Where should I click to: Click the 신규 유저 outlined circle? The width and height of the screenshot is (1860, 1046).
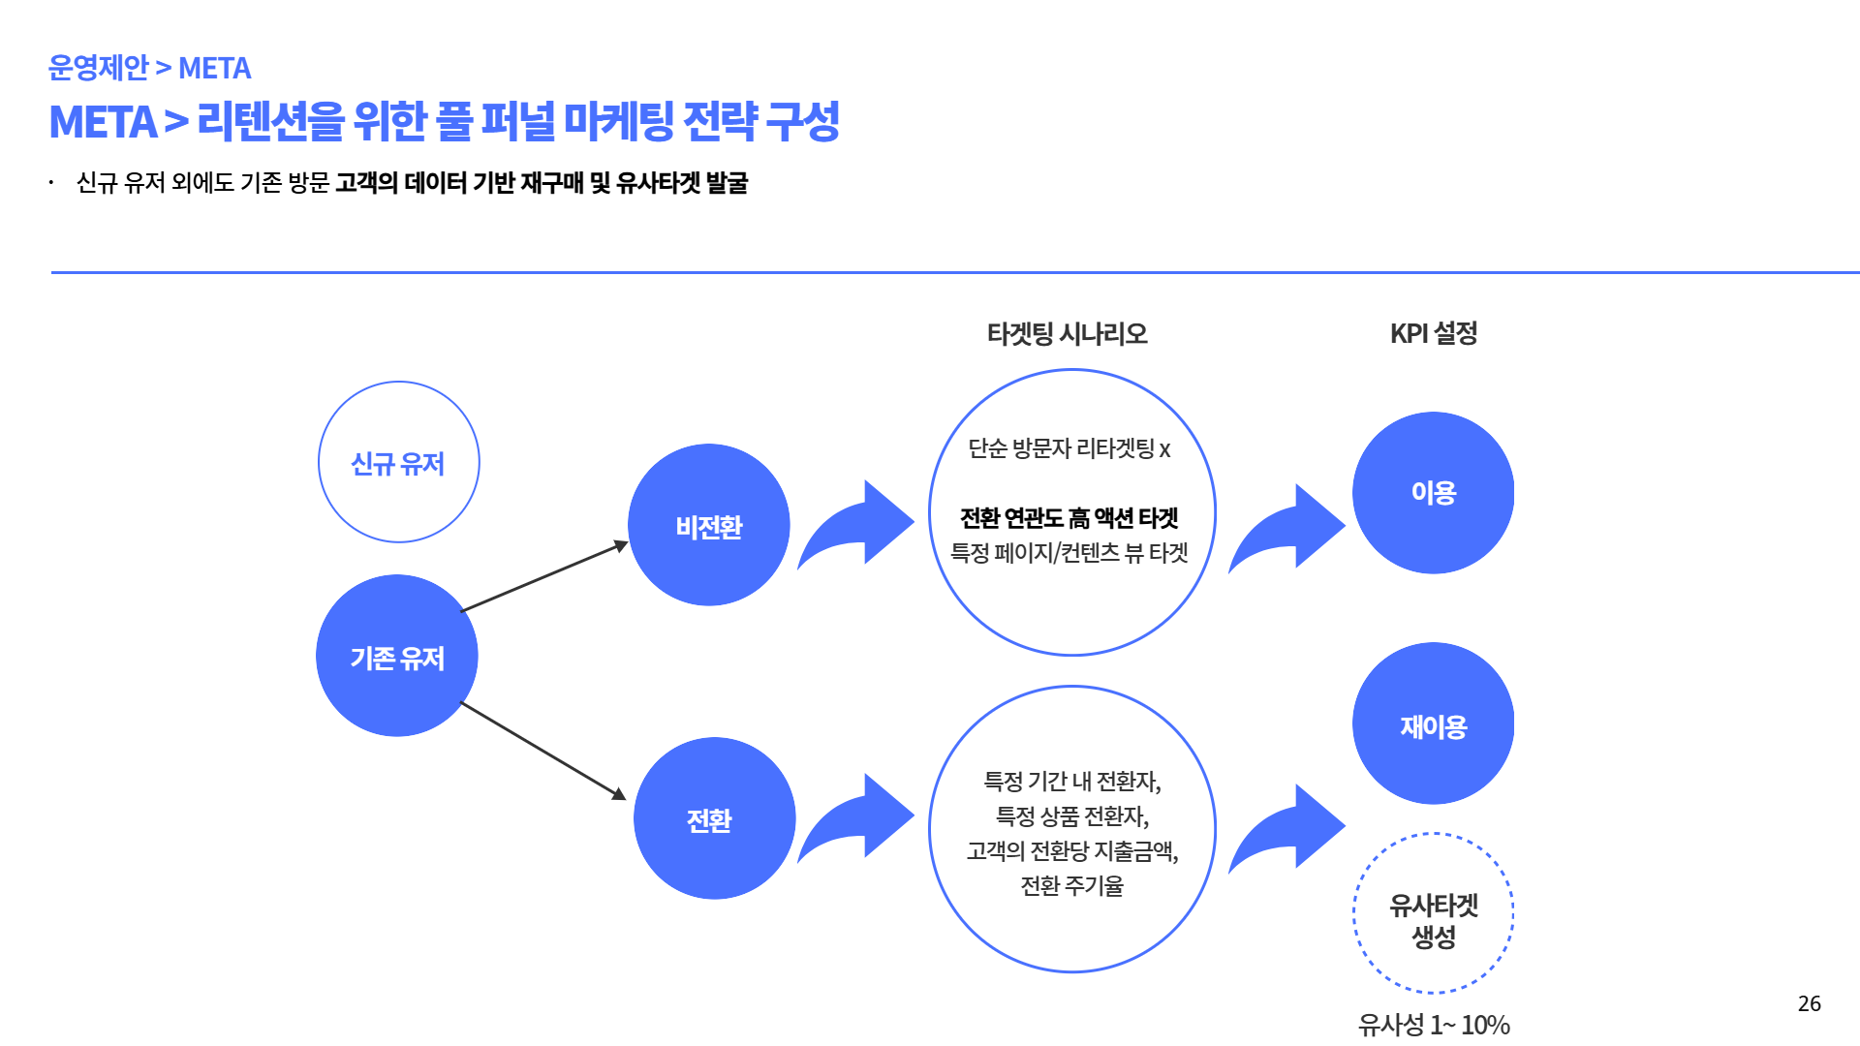[x=398, y=462]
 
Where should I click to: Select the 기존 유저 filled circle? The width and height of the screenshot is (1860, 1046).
[x=397, y=656]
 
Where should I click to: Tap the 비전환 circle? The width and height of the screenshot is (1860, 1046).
[x=709, y=525]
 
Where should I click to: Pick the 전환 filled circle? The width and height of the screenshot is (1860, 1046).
[x=715, y=818]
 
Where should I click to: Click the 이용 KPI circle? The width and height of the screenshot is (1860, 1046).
[x=1433, y=492]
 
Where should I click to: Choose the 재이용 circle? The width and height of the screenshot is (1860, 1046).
[x=1433, y=723]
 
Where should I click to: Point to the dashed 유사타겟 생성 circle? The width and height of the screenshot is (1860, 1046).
[x=1433, y=913]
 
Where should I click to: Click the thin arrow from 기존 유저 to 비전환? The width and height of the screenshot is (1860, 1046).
[x=544, y=577]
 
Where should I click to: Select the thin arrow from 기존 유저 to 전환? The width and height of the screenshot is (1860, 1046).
[x=542, y=751]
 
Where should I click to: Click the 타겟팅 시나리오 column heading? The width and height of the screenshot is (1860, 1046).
[x=1067, y=334]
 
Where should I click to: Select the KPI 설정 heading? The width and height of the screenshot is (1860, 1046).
[x=1433, y=334]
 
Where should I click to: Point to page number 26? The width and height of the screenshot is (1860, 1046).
[x=1809, y=1003]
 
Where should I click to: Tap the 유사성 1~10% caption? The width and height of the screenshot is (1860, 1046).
[x=1433, y=1024]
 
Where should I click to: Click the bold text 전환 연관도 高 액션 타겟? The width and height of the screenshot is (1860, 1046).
[x=1069, y=518]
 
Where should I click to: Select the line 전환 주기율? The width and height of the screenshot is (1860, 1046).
[x=1071, y=885]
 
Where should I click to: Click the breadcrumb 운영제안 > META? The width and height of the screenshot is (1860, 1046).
[x=149, y=68]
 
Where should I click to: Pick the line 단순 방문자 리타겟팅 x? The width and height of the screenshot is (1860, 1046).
[x=1069, y=448]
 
